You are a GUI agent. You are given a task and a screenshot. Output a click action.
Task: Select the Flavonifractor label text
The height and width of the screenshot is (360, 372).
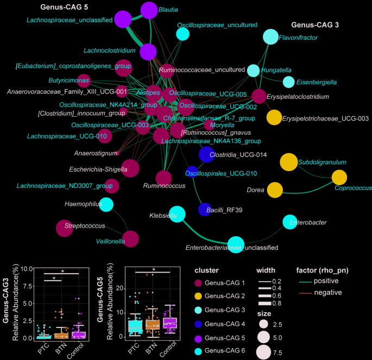click(x=298, y=37)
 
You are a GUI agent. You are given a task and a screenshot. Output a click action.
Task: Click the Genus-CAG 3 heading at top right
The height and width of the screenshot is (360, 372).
click(x=314, y=25)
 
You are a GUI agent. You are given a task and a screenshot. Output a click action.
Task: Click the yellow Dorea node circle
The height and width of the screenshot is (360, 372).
click(x=275, y=191)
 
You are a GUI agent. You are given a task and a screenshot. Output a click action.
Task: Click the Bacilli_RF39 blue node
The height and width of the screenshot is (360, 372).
click(x=205, y=209)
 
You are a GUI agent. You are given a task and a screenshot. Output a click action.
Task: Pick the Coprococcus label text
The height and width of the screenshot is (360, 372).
click(x=353, y=188)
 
